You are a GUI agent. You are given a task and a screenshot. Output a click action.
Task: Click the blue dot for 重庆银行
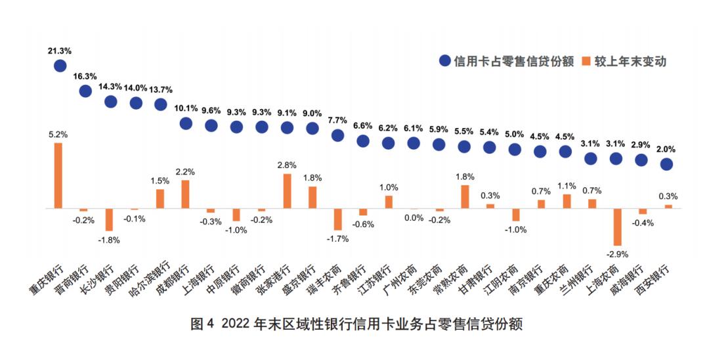tap(60, 65)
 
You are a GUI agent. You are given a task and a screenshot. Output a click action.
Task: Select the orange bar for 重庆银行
tap(58, 175)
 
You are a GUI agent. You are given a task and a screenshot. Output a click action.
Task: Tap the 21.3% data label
tap(60, 50)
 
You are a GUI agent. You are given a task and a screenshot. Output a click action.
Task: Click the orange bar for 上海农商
tap(617, 227)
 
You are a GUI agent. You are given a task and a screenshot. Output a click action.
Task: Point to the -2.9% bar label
tap(616, 253)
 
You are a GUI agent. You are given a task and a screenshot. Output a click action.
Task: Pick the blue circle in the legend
tap(445, 62)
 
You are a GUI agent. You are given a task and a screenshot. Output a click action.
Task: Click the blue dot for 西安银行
tap(667, 164)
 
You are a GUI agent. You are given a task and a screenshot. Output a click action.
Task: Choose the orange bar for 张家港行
tap(287, 191)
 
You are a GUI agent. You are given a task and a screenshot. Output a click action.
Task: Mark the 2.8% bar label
tap(287, 165)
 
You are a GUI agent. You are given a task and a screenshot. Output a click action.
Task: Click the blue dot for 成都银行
tap(186, 123)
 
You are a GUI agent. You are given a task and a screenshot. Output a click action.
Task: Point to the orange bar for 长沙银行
tap(109, 219)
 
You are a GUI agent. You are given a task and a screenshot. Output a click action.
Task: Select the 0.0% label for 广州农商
tap(414, 218)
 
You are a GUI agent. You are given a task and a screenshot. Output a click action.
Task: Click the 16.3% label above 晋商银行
tap(85, 76)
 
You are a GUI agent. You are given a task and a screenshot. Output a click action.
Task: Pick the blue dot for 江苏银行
tap(388, 143)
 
